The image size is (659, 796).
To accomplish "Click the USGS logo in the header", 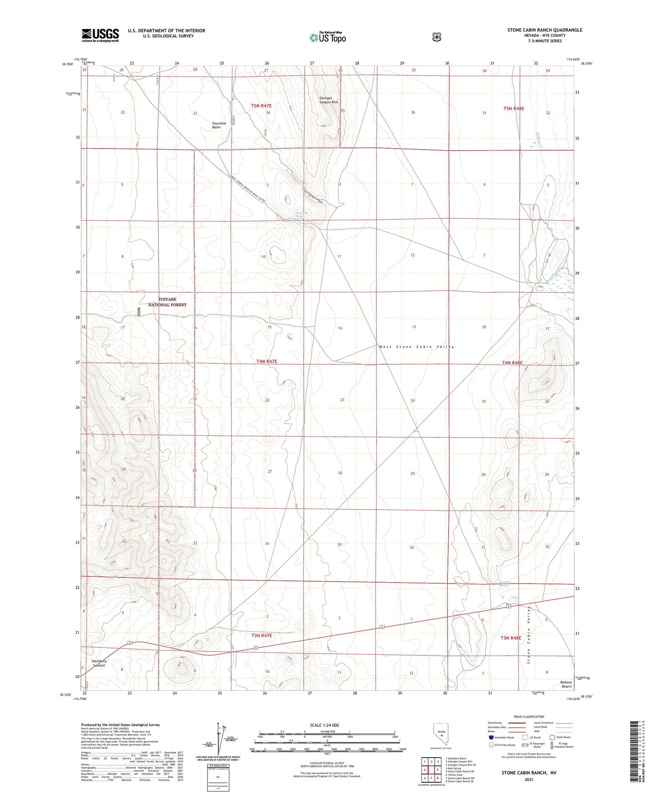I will tap(100, 35).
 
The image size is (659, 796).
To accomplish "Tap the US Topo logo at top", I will tap(327, 37).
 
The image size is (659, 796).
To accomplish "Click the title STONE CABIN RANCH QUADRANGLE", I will tap(545, 30).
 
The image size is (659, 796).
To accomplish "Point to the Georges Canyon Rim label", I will tap(328, 100).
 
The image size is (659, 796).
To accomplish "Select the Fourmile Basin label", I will tap(219, 125).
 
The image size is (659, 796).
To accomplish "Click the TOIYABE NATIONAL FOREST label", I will tap(167, 302).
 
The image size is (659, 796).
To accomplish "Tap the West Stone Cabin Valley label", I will tap(416, 347).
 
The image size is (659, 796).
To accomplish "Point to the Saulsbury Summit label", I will tap(99, 663).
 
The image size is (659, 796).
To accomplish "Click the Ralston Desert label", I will tap(566, 684).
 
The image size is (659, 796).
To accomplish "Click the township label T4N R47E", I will tap(266, 362).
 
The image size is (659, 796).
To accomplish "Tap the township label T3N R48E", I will tap(510, 638).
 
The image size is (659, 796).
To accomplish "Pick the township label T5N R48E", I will tap(514, 109).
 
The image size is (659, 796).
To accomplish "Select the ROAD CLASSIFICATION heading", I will tap(529, 717).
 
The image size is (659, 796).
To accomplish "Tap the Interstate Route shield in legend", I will tap(491, 737).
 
